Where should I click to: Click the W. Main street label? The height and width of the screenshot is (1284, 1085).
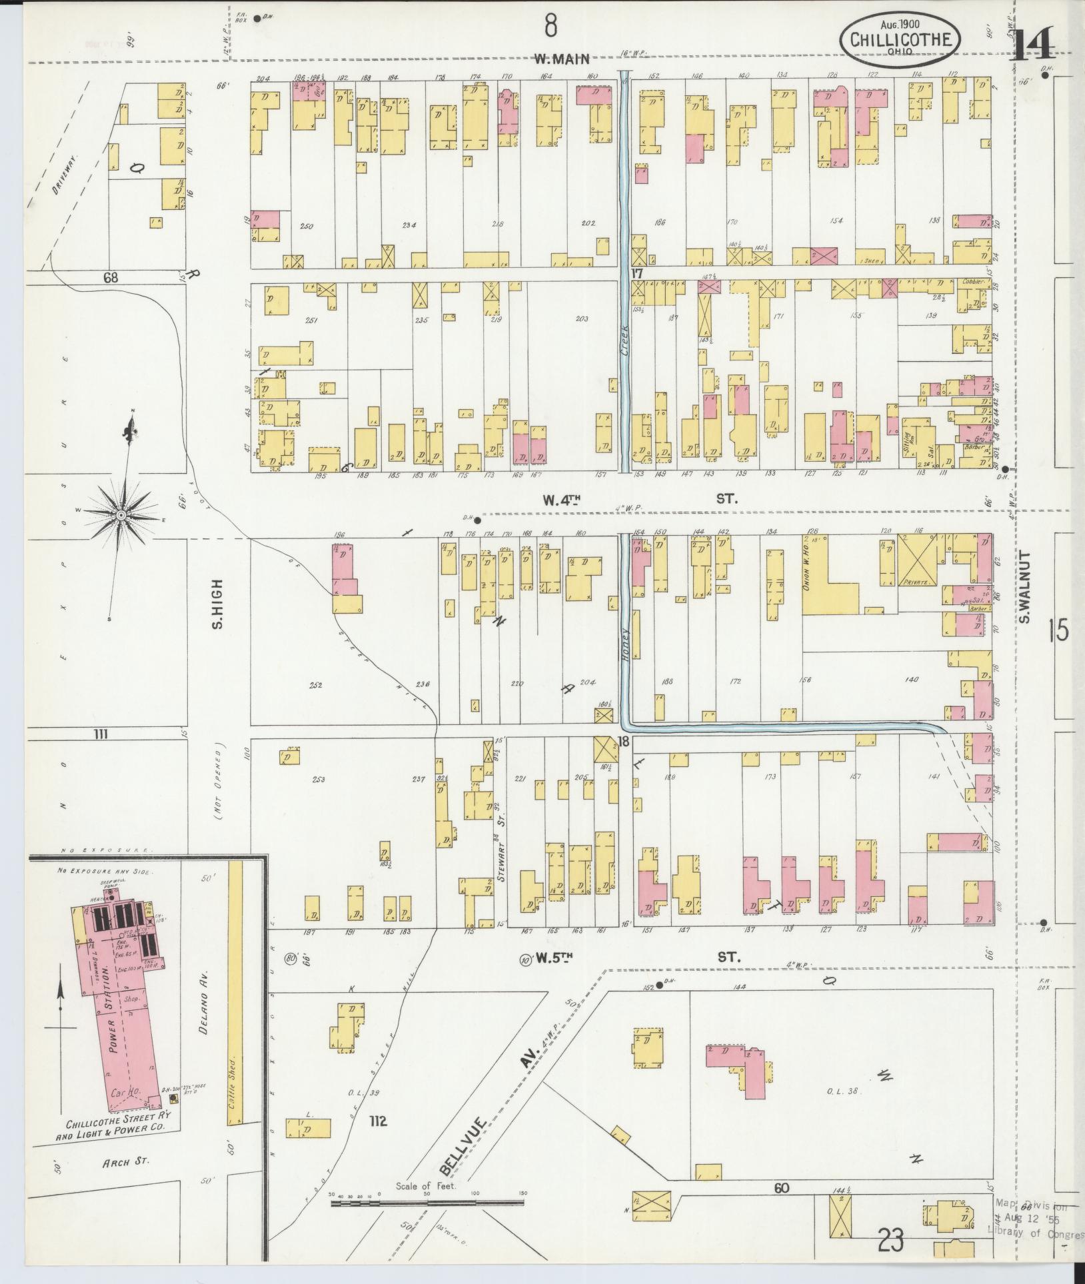point(562,59)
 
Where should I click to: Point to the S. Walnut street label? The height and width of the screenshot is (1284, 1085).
point(1025,587)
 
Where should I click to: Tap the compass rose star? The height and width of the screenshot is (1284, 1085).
point(122,515)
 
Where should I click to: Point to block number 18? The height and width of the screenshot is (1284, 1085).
point(624,742)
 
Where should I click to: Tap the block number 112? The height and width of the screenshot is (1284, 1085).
point(377,1121)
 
